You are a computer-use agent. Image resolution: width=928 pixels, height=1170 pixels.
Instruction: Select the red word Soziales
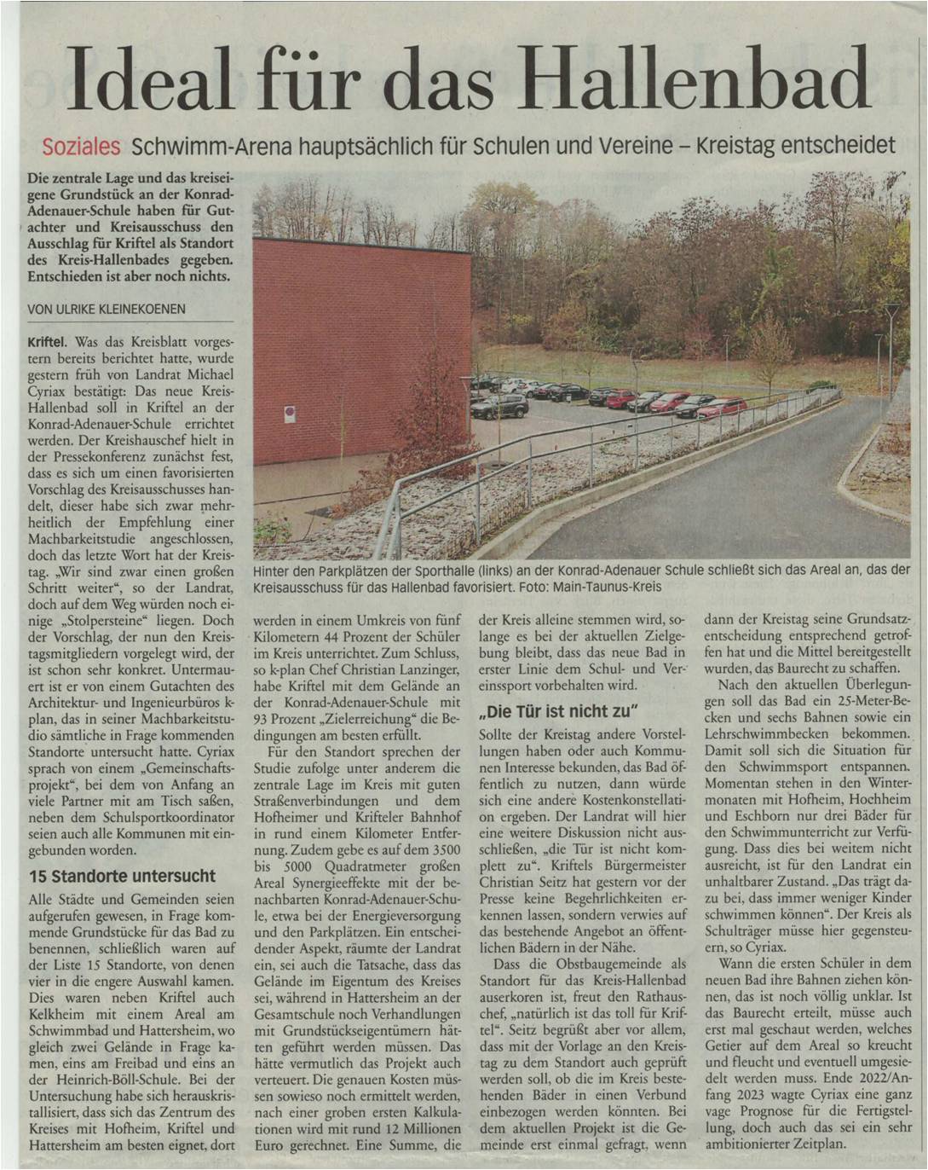pos(81,147)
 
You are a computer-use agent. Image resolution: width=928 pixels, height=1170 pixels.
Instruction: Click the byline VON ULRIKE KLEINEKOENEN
pos(107,310)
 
